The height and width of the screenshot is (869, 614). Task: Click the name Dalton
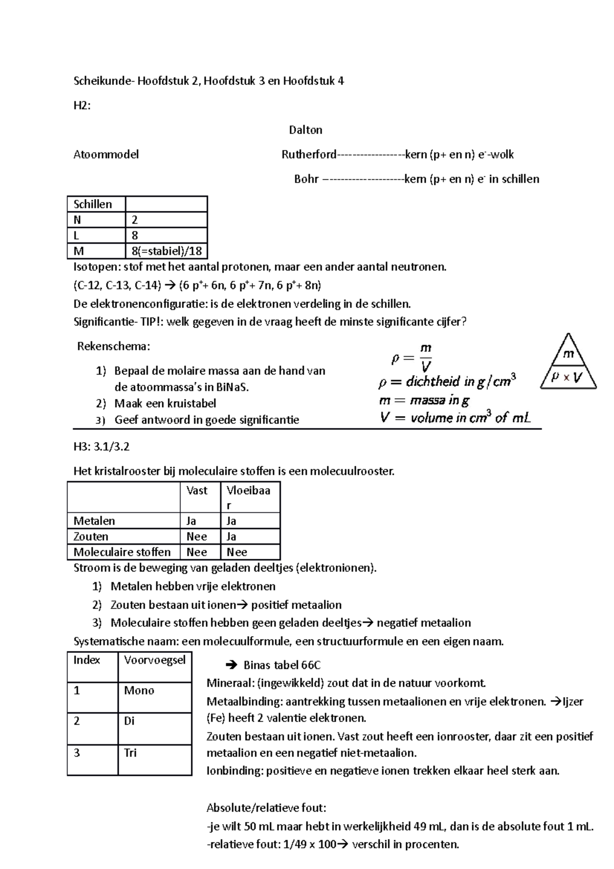pos(305,130)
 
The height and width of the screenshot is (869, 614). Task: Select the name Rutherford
pos(309,155)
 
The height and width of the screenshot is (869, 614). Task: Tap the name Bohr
pos(306,179)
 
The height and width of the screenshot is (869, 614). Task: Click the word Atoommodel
pos(106,155)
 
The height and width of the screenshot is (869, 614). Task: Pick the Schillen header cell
pos(96,204)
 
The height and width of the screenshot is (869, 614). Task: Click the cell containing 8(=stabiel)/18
pos(166,251)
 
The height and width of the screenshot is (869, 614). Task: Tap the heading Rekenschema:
pos(114,346)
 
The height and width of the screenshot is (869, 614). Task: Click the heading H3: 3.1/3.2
pos(101,447)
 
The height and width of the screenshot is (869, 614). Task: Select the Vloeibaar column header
pos(250,497)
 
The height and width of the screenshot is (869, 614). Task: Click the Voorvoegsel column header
pos(155,660)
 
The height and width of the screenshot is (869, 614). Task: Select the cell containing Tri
pos(130,753)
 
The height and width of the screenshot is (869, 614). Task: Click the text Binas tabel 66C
pos(281,665)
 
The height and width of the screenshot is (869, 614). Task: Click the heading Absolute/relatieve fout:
pos(266,808)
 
